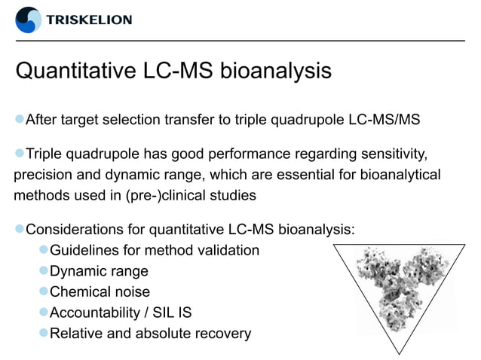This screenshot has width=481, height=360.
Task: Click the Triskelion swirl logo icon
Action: [29, 20]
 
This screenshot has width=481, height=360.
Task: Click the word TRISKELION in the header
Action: [89, 20]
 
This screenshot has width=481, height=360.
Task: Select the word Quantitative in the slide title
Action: [76, 72]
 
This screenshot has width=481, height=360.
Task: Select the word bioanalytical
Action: [399, 175]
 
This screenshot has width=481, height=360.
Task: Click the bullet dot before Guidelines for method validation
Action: [44, 250]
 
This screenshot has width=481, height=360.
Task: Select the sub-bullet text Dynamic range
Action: [99, 271]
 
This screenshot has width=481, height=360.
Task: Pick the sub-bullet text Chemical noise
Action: [100, 291]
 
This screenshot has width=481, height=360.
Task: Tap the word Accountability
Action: [98, 313]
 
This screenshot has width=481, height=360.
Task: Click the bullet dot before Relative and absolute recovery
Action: [44, 334]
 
